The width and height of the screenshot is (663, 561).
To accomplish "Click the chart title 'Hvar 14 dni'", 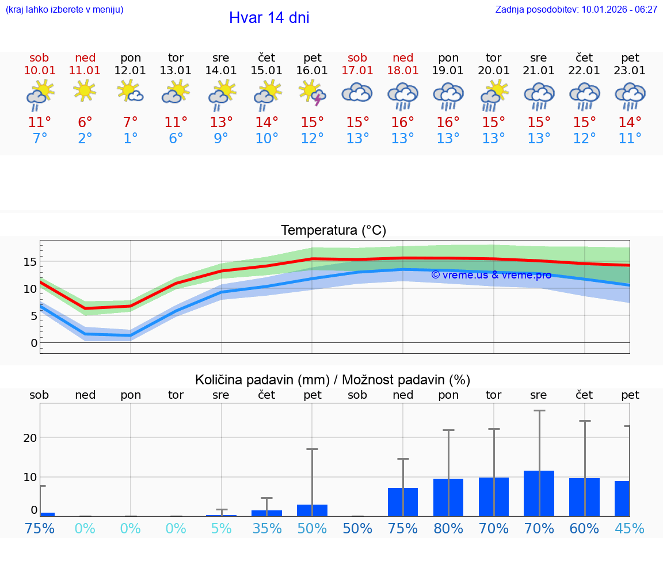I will (x=269, y=18).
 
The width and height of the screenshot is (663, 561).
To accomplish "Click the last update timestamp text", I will (x=576, y=10).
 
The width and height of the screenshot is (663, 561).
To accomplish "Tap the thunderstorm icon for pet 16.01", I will (x=313, y=93).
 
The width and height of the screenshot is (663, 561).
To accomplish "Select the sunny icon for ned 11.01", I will (x=85, y=90).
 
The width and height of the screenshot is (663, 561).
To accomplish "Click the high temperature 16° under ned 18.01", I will (x=403, y=123).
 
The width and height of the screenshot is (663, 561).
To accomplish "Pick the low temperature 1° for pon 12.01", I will (x=131, y=139).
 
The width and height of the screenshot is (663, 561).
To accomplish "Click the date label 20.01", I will (x=494, y=71).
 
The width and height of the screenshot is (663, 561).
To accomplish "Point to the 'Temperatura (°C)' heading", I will (x=333, y=231).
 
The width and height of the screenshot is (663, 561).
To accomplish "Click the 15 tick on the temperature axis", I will (x=29, y=262).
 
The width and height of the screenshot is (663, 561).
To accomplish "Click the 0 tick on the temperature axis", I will (x=33, y=344).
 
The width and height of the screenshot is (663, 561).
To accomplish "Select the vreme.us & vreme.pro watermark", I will (x=491, y=275).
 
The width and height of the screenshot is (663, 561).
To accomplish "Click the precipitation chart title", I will (x=333, y=380).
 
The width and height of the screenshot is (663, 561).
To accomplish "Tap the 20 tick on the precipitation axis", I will (x=30, y=438).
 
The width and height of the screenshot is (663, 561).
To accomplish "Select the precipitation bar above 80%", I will (x=448, y=497).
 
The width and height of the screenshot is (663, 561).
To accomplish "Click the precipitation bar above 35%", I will (x=266, y=513).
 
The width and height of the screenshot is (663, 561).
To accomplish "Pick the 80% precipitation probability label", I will (x=448, y=528).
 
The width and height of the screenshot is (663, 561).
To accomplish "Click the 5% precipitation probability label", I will (x=221, y=528).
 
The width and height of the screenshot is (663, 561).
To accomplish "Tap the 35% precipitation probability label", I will (x=266, y=528).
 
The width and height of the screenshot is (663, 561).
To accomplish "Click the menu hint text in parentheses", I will (x=64, y=10).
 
